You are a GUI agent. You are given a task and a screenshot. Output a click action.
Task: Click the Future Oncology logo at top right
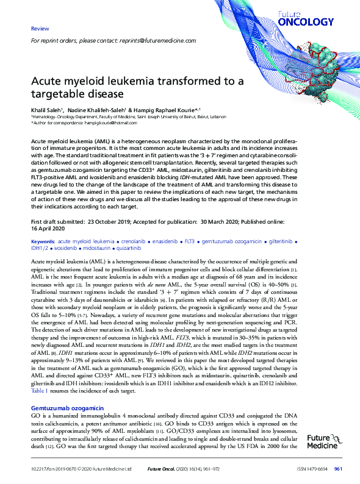tap(314, 18)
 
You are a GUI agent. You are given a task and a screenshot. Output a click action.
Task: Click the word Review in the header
tap(40, 29)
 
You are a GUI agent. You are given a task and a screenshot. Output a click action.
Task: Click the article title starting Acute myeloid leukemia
tap(137, 88)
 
